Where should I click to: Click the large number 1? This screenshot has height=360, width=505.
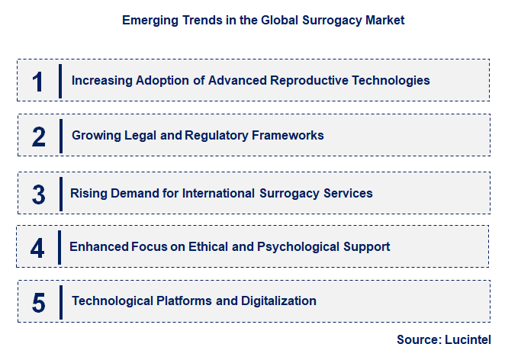[38, 81]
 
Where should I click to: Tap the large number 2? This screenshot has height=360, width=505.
[39, 137]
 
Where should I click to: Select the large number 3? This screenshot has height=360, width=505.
[39, 194]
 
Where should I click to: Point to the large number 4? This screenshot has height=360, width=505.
[38, 248]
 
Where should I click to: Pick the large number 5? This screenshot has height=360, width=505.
[39, 302]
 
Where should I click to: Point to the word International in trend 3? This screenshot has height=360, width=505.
[217, 193]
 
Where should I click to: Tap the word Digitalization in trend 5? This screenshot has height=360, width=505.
[278, 301]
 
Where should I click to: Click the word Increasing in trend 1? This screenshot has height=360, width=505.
[100, 80]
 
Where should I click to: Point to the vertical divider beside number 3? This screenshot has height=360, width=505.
[60, 194]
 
